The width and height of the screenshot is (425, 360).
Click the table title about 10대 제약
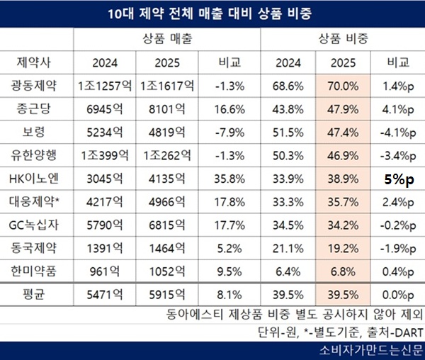click(212, 13)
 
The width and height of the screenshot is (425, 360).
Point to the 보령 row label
click(35, 133)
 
